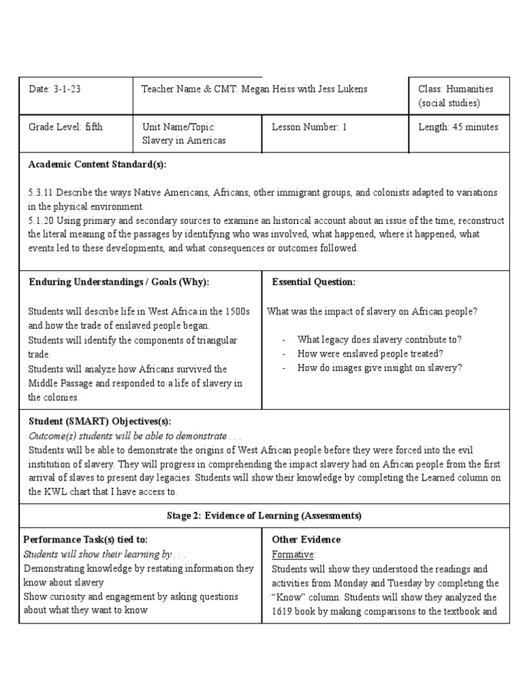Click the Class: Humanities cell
pyautogui.click(x=455, y=96)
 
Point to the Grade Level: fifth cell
pyautogui.click(x=65, y=127)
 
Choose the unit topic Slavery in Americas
pyautogui.click(x=183, y=140)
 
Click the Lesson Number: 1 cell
pyautogui.click(x=309, y=127)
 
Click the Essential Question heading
pyautogui.click(x=313, y=282)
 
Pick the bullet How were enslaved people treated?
pyautogui.click(x=370, y=353)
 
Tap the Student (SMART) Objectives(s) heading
pyautogui.click(x=99, y=421)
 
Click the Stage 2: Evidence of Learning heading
pyautogui.click(x=264, y=516)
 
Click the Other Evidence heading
pyautogui.click(x=306, y=540)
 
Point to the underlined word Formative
pyautogui.click(x=293, y=554)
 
